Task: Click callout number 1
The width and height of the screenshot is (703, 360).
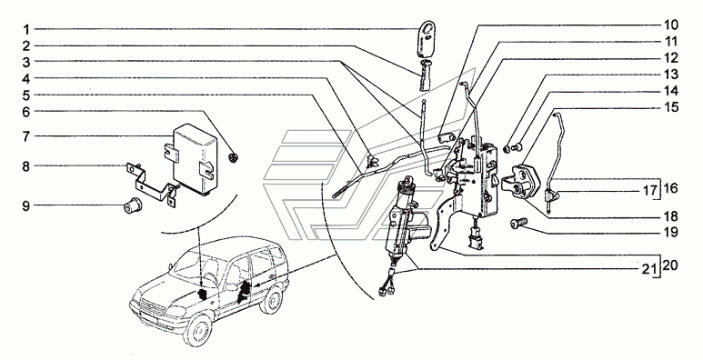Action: [x=26, y=30]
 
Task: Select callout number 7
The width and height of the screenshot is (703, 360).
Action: [x=26, y=135]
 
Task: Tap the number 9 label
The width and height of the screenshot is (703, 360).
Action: [x=26, y=205]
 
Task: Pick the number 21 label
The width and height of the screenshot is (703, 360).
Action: [x=648, y=269]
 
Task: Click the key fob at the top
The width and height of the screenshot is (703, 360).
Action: [x=427, y=39]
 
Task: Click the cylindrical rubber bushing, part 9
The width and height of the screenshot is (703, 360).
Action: [x=133, y=205]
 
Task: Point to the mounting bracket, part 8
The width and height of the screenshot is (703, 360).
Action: [x=150, y=184]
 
